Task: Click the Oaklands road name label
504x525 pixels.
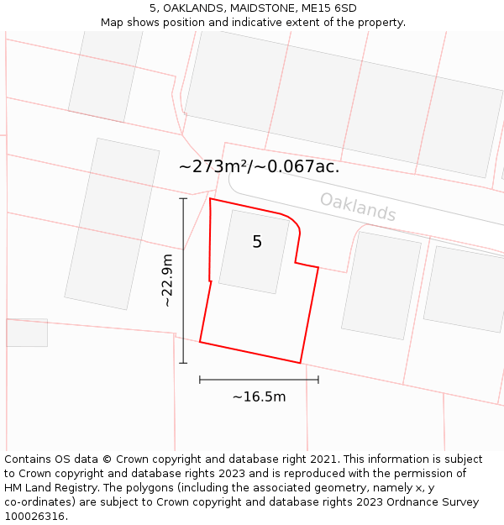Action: coord(358,207)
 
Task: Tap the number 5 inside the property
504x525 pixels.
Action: coord(257,242)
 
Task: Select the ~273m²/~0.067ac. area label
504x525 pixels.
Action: coord(259,166)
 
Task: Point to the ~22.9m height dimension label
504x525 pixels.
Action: coord(167,280)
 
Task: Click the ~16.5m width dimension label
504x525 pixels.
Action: coord(259,396)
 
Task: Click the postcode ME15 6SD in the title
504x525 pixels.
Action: coord(328,8)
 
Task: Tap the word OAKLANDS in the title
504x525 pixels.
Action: coord(189,8)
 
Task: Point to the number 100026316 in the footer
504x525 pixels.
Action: coord(33,517)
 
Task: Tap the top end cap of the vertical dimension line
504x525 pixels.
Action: coord(183,199)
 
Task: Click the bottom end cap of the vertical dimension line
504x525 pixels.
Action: coord(183,363)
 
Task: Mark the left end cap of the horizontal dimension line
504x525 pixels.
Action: coord(200,380)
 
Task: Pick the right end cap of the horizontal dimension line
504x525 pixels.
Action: coord(318,380)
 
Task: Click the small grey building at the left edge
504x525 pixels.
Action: coord(27,333)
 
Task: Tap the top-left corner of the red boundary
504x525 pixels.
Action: coord(210,199)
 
